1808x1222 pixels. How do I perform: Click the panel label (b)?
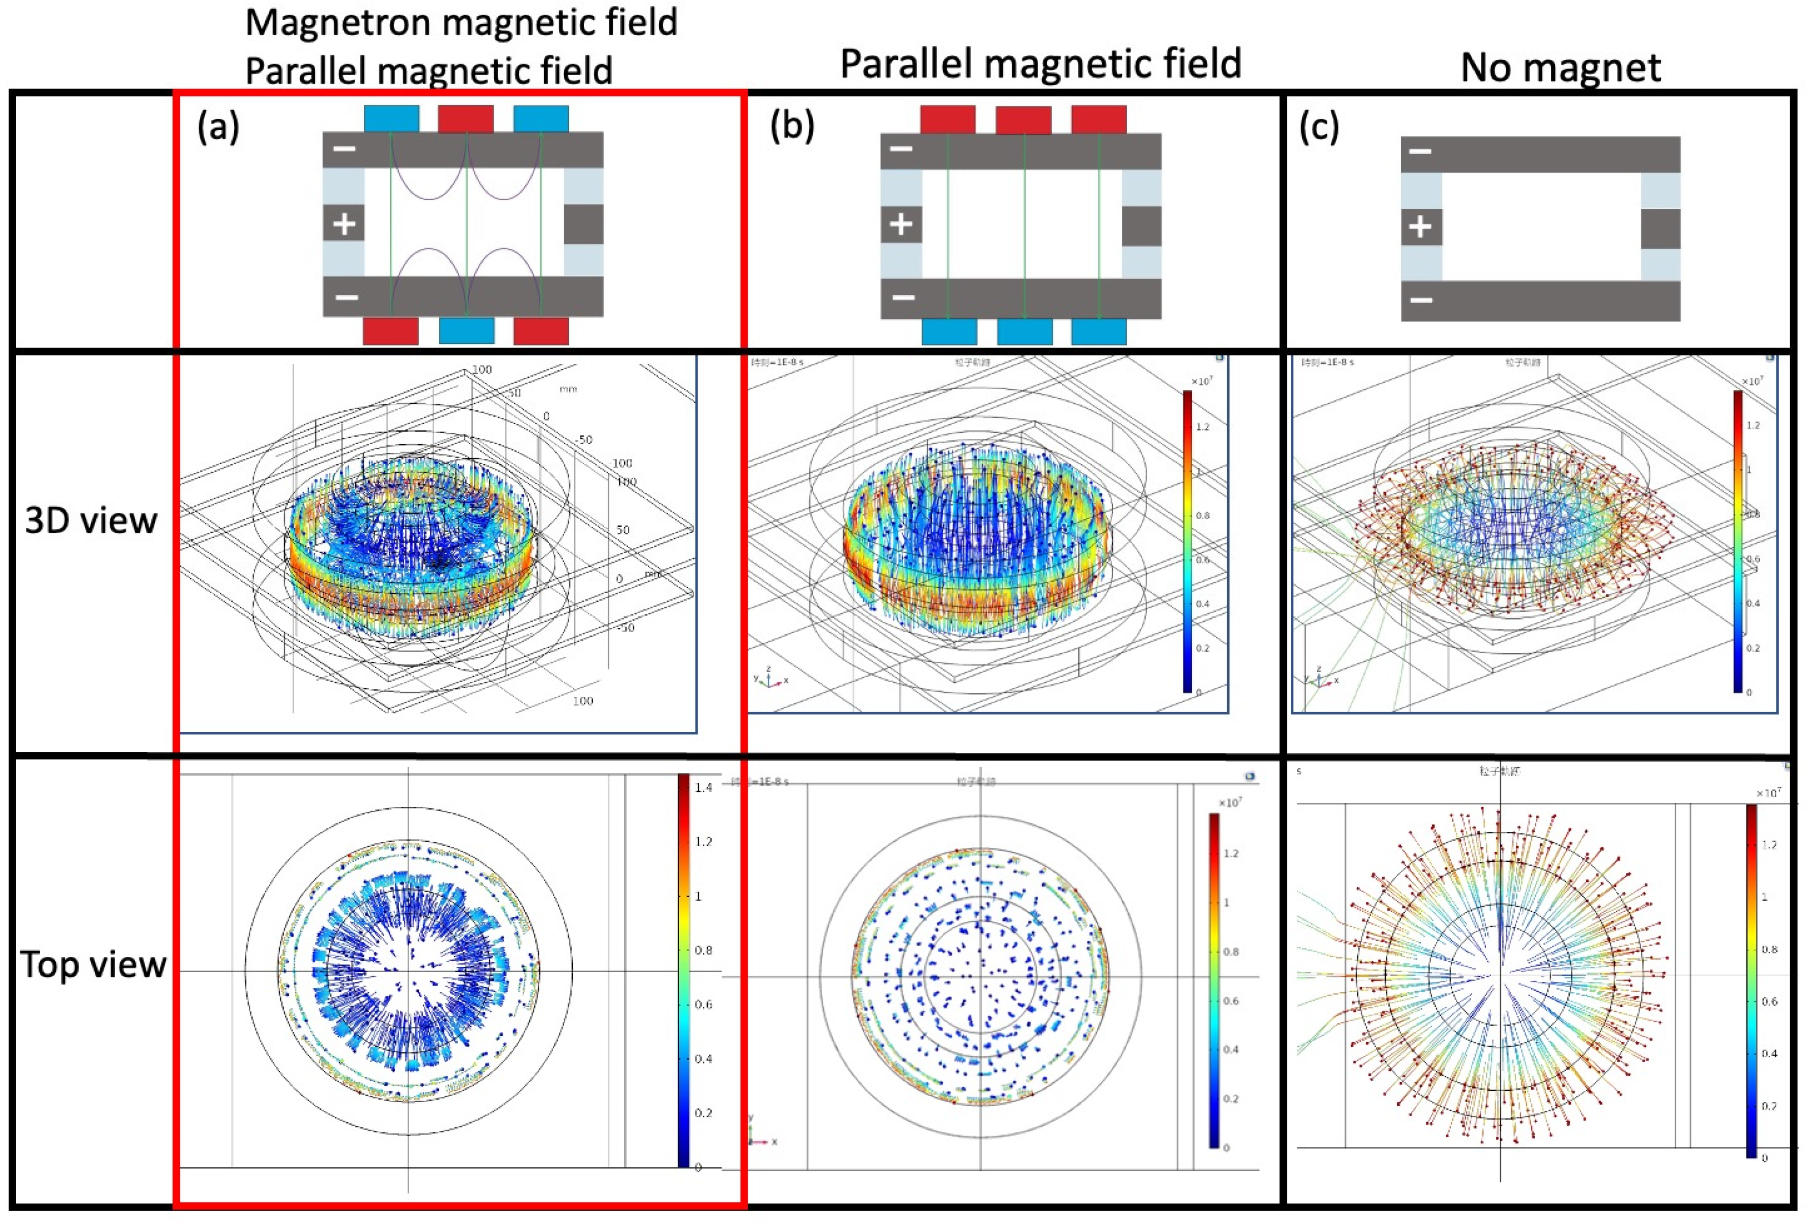tap(792, 125)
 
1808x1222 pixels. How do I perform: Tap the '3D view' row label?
tap(91, 520)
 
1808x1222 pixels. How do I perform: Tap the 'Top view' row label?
tap(92, 965)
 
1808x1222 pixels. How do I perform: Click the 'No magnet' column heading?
tap(1561, 67)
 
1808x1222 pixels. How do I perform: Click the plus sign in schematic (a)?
tap(344, 224)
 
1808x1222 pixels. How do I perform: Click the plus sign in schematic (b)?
tap(901, 224)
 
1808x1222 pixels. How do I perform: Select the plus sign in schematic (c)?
tap(1420, 227)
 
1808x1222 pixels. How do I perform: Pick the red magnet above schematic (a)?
tap(465, 119)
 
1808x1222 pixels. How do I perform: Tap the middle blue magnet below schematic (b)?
tap(1025, 330)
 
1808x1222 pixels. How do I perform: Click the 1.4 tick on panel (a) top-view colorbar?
tap(703, 787)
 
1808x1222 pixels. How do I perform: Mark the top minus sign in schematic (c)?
tap(1420, 151)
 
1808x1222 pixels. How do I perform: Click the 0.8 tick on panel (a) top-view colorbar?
tap(703, 950)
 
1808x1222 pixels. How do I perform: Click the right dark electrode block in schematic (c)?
tap(1660, 228)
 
